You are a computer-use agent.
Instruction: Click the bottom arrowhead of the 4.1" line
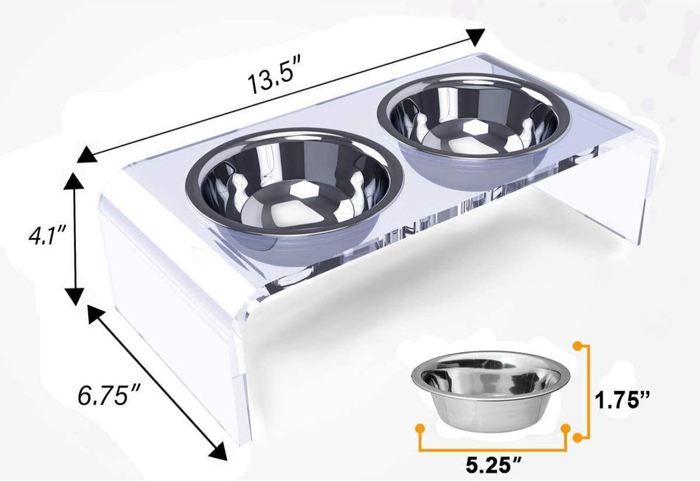point(75,295)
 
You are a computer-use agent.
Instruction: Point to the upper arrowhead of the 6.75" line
point(96,314)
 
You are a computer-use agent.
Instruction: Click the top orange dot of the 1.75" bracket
point(579,347)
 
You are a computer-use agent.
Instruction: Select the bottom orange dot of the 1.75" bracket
point(579,436)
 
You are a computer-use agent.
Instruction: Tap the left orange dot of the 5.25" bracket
point(419,429)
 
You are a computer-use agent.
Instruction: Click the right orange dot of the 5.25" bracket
point(566,429)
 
